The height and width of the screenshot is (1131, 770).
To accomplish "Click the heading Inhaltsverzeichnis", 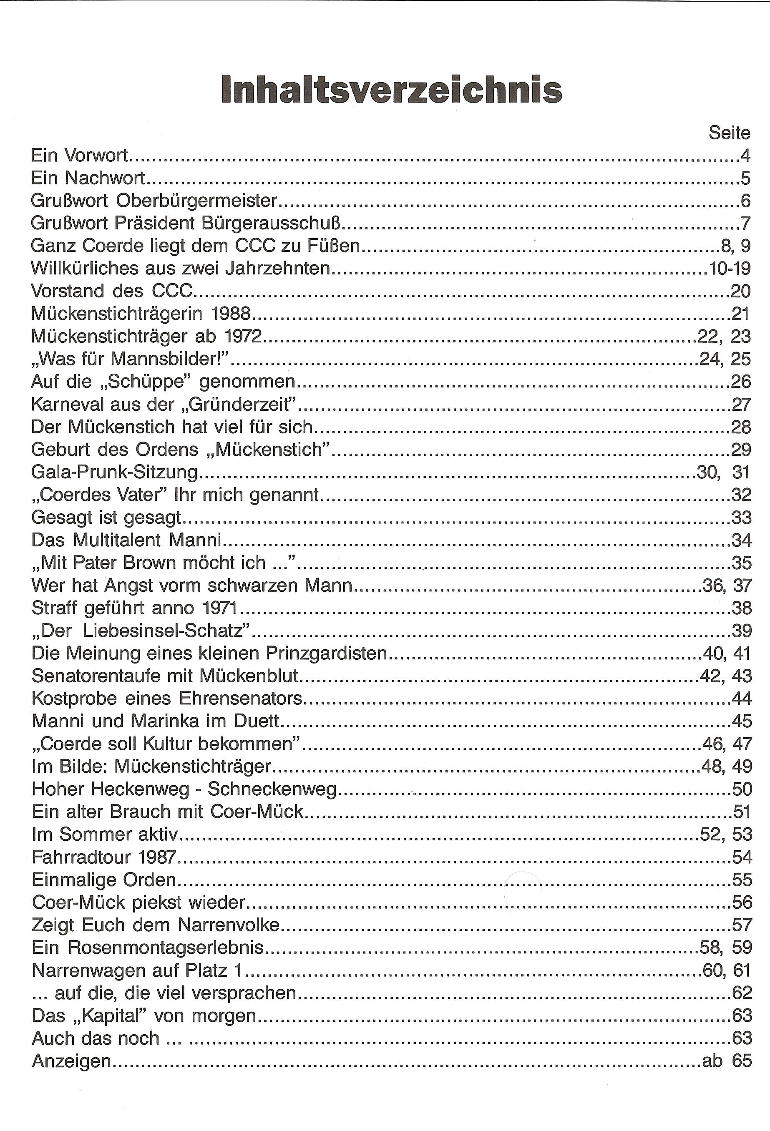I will pos(391,90).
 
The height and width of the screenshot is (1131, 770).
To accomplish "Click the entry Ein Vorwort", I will pos(79,155).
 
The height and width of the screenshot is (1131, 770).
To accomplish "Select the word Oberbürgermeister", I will pos(196,201).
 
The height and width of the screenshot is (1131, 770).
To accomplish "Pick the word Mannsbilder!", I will pos(170,359).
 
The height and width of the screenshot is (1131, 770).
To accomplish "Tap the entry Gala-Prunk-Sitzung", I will pos(114,472).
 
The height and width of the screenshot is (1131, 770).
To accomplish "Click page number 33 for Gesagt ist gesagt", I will pos(741,517).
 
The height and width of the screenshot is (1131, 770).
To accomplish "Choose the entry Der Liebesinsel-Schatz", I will pos(141,631).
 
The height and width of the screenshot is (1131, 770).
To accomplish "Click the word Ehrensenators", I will pos(240,699).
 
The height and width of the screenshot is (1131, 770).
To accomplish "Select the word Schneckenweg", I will pos(272,789).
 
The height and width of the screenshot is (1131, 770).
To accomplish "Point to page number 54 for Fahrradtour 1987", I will pos(742,857).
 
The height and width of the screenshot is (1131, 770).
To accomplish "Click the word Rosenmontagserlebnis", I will pos(166,948).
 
